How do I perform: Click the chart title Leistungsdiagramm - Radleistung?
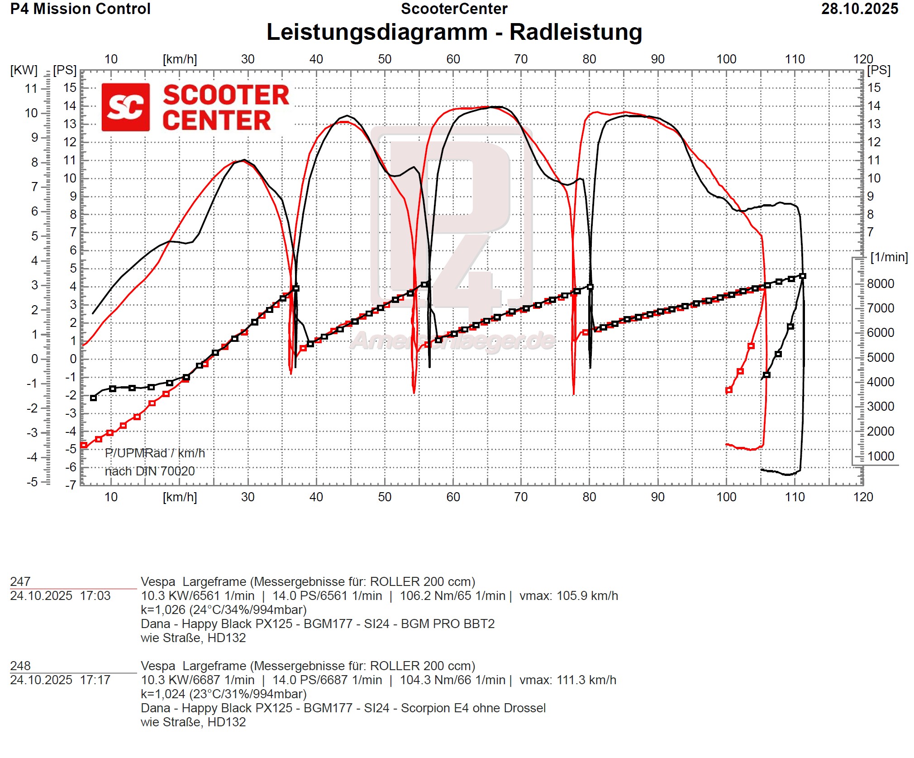[x=454, y=32]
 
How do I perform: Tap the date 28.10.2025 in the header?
[x=859, y=9]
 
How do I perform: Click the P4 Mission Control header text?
[x=80, y=9]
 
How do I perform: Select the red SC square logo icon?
[x=125, y=107]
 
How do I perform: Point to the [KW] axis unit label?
[x=24, y=70]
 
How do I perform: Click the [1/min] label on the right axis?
[x=889, y=257]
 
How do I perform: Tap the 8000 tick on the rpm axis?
[x=880, y=284]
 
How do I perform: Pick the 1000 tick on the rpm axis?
[x=880, y=456]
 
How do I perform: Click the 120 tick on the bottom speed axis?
[x=862, y=497]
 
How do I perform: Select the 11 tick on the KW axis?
[x=31, y=89]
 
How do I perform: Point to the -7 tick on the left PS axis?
[x=70, y=485]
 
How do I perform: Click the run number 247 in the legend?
[x=20, y=582]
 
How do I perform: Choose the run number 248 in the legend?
[x=20, y=666]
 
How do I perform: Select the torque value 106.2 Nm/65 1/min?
[x=452, y=596]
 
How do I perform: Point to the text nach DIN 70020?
[x=150, y=471]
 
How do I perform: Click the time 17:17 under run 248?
[x=95, y=680]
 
